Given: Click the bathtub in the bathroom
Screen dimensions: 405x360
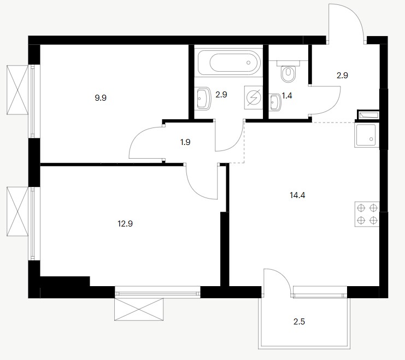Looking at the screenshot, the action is [229, 62].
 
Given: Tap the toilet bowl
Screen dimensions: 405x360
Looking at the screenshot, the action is [288, 74].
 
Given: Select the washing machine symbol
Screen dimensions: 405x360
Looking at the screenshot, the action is [254, 97].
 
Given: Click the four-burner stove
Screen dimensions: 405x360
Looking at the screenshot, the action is [367, 214].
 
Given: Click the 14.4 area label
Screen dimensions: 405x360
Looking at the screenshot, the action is [297, 195].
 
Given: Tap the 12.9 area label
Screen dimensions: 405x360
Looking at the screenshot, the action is [125, 224].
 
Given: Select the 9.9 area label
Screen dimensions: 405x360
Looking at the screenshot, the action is [101, 98].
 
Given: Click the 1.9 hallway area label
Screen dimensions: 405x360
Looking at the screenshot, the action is [185, 142].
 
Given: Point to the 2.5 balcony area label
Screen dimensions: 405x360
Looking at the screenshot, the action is [299, 322].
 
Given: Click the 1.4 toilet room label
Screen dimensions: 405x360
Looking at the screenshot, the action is [287, 96].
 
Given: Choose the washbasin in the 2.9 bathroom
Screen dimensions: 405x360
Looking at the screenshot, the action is [204, 98].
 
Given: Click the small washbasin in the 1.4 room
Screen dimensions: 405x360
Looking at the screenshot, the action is [275, 102].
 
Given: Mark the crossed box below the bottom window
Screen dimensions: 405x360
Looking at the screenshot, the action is [139, 309].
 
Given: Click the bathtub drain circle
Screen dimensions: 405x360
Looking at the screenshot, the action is [249, 62].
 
